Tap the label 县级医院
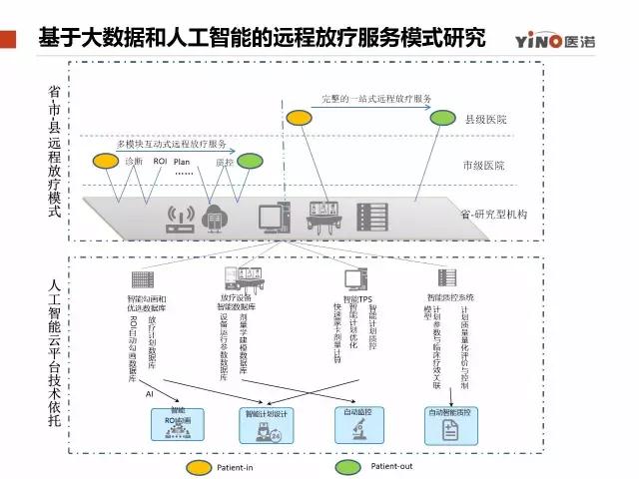pos(486,120)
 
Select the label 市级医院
pos(484,165)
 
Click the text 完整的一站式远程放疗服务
pos(376,99)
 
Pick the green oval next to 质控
pos(249,160)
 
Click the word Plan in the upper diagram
pos(182,161)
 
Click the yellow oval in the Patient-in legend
pos(198,466)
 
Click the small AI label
pos(149,395)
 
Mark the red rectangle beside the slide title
pos(10,40)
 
